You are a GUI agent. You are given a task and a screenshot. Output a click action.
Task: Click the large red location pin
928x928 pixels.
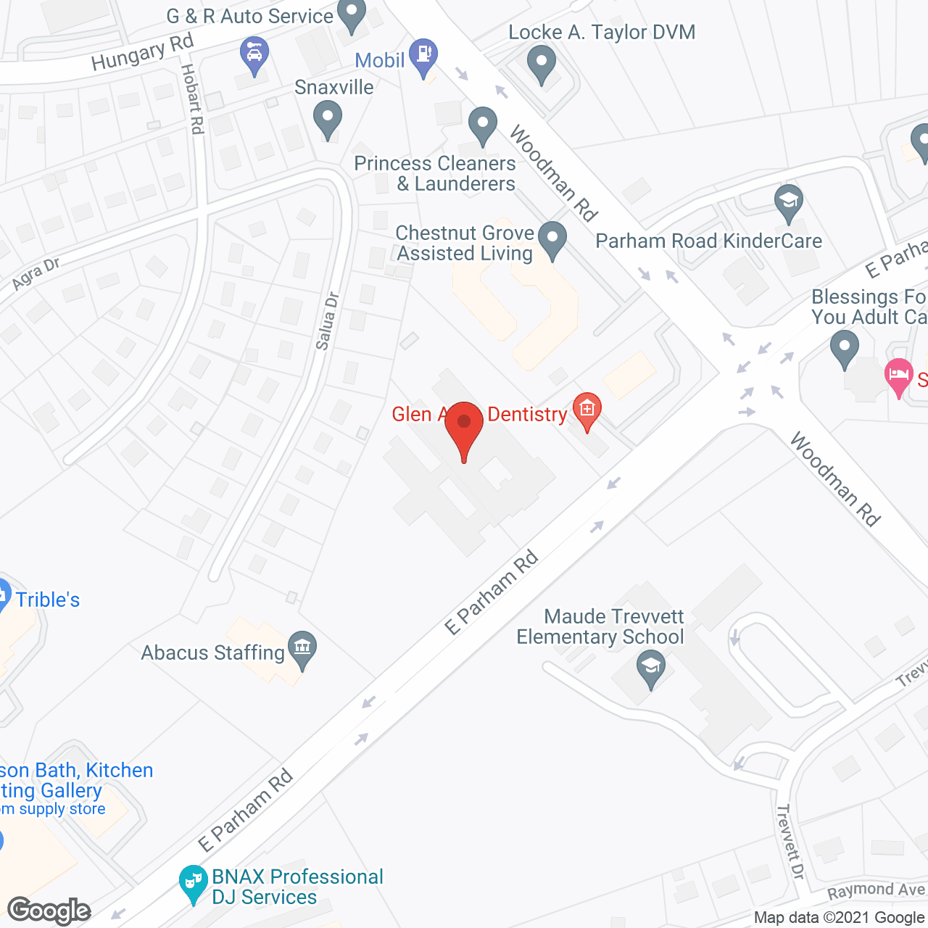[464, 428]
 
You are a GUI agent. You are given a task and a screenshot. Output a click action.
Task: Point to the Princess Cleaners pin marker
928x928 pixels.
[482, 125]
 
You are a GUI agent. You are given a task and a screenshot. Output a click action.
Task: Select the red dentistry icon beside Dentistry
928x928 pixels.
[587, 410]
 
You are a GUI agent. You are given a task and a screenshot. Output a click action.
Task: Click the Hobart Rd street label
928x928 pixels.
[192, 99]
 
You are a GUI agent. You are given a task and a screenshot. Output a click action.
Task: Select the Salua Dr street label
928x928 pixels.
[327, 320]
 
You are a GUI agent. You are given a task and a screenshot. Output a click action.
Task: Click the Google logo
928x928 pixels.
[49, 910]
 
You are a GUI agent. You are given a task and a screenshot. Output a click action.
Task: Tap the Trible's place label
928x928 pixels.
[47, 600]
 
